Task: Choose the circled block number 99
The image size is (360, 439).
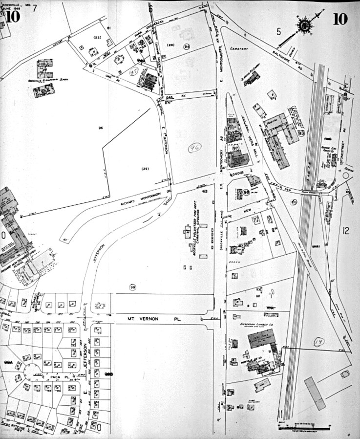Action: [132, 286]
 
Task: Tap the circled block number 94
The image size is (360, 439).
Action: [187, 46]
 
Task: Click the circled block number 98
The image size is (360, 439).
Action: [247, 193]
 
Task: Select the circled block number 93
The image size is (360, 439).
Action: [301, 132]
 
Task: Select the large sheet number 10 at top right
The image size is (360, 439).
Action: [340, 19]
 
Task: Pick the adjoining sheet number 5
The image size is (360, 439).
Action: [279, 32]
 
